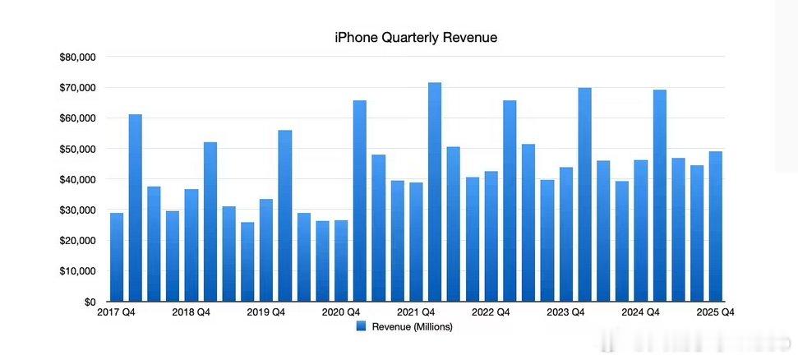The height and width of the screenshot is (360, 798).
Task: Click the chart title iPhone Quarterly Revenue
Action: (415, 38)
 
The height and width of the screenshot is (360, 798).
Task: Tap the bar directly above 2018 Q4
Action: (191, 247)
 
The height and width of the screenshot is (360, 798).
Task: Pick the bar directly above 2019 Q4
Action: (266, 251)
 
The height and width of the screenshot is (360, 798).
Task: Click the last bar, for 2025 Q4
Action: (715, 226)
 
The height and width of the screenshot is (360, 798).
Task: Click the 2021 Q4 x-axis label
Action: (416, 312)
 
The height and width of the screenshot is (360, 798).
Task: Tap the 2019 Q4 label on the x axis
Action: (266, 312)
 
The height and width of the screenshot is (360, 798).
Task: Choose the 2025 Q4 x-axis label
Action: (715, 312)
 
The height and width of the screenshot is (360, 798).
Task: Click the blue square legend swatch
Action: (362, 326)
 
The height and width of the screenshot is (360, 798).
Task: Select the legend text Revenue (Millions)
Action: (413, 326)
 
